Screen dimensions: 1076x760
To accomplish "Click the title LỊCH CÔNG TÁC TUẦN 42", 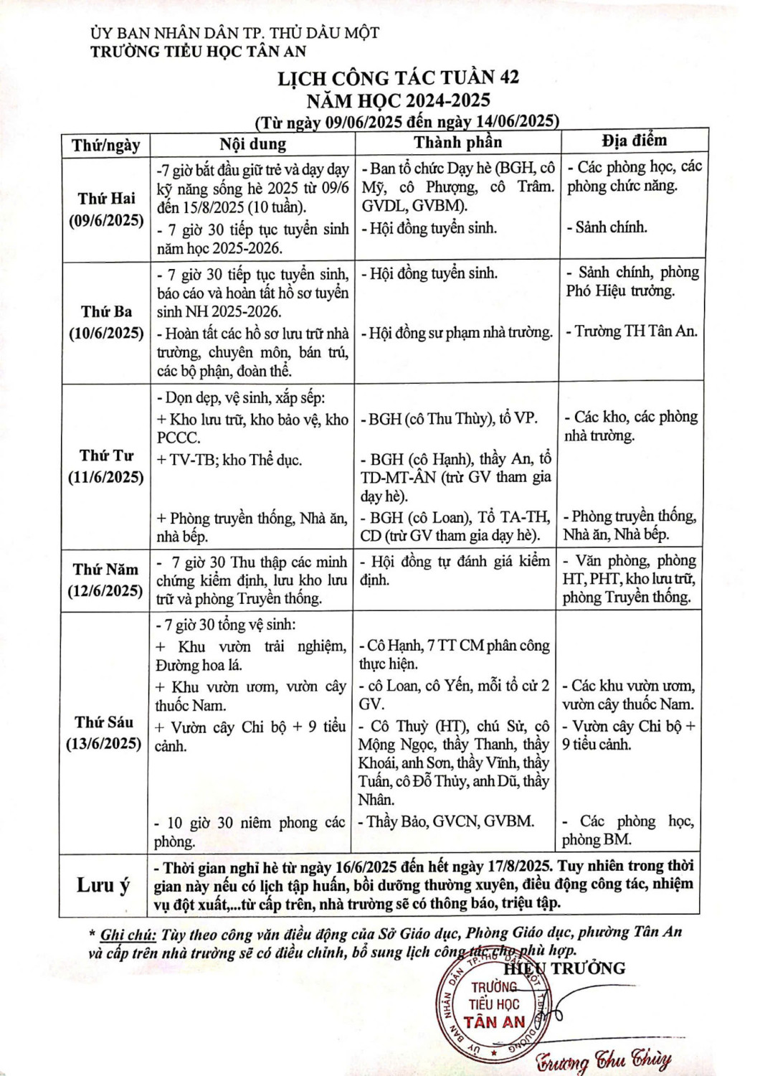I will point(398,77).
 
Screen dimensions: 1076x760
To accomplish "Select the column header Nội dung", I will point(252,143).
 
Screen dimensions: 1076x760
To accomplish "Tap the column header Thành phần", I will point(457,142).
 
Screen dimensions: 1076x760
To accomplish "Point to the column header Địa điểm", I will point(634,140).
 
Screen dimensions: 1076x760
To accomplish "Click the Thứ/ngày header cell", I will point(105,146).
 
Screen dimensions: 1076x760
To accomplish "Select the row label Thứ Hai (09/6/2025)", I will point(106,209).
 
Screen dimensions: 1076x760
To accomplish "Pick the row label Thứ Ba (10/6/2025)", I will point(106,323).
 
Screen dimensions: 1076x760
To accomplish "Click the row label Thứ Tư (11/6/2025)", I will point(106,466).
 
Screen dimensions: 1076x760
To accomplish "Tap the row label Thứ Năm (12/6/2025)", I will point(106,580).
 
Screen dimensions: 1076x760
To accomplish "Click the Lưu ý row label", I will point(103,885).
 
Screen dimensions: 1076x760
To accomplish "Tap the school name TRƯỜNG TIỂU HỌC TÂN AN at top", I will point(198,51).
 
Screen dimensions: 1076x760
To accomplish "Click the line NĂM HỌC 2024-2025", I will point(398,99).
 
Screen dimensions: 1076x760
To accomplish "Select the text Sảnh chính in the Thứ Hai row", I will point(611,228).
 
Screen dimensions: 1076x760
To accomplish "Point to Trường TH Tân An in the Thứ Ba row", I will point(635,331).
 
